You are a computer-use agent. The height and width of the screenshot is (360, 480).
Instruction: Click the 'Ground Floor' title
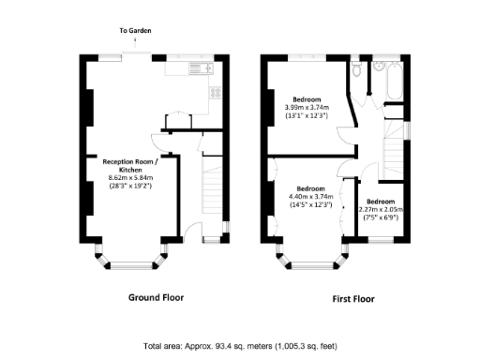click(156, 297)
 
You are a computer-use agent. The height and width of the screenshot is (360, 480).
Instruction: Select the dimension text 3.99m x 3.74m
click(307, 108)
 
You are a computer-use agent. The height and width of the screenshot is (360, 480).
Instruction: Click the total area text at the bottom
click(241, 346)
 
